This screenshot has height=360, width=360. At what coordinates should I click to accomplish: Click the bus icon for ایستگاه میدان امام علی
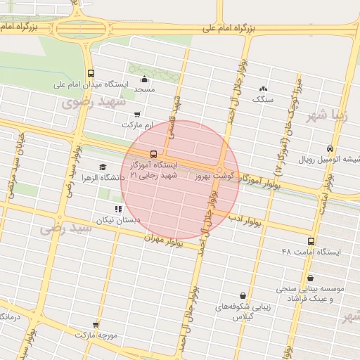(x=90, y=73)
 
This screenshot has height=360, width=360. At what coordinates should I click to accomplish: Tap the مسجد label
(x=144, y=90)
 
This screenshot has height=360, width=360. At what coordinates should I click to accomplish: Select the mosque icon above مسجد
(x=144, y=79)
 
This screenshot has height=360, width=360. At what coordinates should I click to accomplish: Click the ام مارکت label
(x=136, y=124)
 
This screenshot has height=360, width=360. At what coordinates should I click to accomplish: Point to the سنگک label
(x=263, y=100)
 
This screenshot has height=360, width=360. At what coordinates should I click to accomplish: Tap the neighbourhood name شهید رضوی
(x=92, y=103)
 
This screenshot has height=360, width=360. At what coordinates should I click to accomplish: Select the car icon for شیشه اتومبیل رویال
(x=330, y=148)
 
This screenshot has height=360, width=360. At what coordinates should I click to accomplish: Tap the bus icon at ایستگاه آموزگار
(x=153, y=154)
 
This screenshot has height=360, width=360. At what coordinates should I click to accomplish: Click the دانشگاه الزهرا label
(x=103, y=178)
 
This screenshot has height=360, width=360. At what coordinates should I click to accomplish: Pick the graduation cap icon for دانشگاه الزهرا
(x=103, y=167)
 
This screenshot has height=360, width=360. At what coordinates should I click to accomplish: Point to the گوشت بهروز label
(x=213, y=173)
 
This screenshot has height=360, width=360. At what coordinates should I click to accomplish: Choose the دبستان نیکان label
(x=119, y=219)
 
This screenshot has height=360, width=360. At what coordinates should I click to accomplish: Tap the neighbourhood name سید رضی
(x=65, y=228)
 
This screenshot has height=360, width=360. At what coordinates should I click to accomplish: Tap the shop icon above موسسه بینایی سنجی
(x=311, y=278)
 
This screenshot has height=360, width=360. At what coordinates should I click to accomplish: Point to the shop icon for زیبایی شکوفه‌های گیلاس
(x=243, y=295)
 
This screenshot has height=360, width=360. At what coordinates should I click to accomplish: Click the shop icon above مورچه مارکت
(x=96, y=325)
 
